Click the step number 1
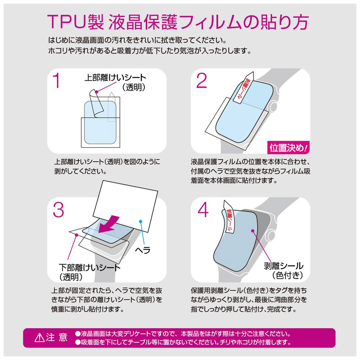coord(57,81)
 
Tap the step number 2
coord(202,81)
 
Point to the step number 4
coord(203,210)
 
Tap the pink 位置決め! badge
coord(288,148)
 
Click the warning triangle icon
coord(40,338)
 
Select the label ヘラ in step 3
coord(143,250)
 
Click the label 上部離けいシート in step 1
coord(115,78)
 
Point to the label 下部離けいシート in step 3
coord(90,267)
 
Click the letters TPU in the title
coord(67,22)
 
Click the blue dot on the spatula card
coord(141,221)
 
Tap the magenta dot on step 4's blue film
coord(253,231)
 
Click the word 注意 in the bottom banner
coord(57,338)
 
